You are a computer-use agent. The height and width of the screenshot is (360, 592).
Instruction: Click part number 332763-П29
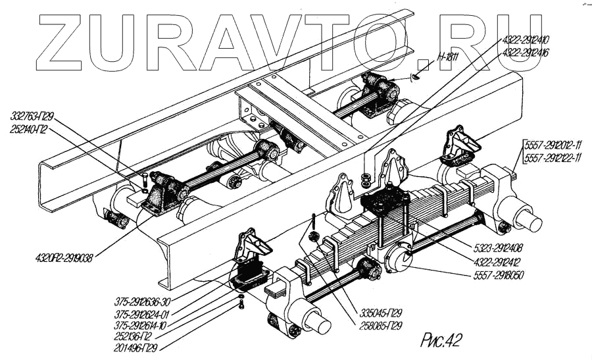coord(32,116)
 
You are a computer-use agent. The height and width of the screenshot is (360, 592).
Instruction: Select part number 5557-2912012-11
coord(554,144)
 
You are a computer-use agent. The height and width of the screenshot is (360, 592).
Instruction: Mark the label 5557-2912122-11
coord(554,157)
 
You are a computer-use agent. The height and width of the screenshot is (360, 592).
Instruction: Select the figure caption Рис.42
coord(440,340)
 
